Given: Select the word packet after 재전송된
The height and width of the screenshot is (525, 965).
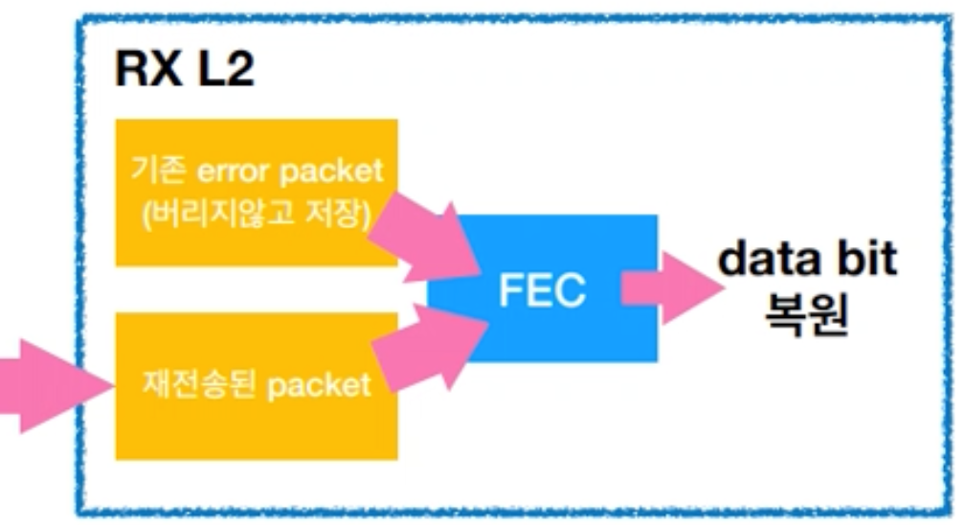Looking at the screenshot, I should pyautogui.click(x=319, y=385).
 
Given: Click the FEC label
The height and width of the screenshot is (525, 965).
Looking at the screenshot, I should pyautogui.click(x=542, y=289).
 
